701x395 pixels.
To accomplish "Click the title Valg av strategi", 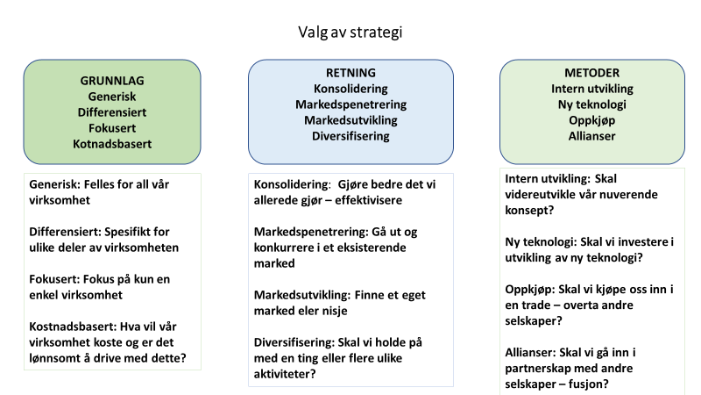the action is pyautogui.click(x=350, y=32).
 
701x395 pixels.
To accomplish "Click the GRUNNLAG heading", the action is pyautogui.click(x=112, y=81).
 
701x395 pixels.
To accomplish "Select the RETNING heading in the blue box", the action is pyautogui.click(x=350, y=73).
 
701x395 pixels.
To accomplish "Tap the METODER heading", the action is pyautogui.click(x=592, y=73).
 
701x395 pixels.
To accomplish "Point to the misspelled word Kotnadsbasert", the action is pyautogui.click(x=112, y=144).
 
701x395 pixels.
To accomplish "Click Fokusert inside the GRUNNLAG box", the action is pyautogui.click(x=112, y=128).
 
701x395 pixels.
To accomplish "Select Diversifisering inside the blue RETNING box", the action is pyautogui.click(x=350, y=136).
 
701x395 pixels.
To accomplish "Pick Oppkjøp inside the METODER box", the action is pyautogui.click(x=592, y=120).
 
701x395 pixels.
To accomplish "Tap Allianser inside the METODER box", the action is pyautogui.click(x=592, y=136).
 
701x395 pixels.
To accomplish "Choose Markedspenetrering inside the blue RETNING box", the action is pyautogui.click(x=350, y=104).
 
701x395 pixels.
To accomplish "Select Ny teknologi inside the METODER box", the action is pyautogui.click(x=592, y=104).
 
